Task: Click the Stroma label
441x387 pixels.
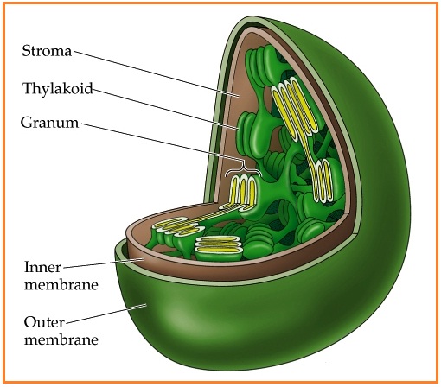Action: pyautogui.click(x=47, y=51)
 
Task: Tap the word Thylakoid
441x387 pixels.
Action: pyautogui.click(x=58, y=88)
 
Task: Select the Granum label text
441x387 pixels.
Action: pyautogui.click(x=49, y=123)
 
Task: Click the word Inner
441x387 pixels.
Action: pyautogui.click(x=42, y=267)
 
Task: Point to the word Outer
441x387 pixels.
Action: pyautogui.click(x=44, y=322)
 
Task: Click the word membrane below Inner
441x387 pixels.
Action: pyautogui.click(x=61, y=285)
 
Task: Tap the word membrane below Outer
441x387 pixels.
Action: pyautogui.click(x=61, y=339)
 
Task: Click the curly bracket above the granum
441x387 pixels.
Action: pyautogui.click(x=244, y=170)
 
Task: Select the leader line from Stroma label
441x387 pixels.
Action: pyautogui.click(x=156, y=73)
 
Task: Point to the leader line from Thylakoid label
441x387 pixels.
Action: pyautogui.click(x=165, y=109)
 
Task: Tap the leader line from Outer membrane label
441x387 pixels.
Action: pyautogui.click(x=105, y=314)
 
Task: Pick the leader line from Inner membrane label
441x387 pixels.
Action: pyautogui.click(x=103, y=263)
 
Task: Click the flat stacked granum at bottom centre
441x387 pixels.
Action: pyautogui.click(x=218, y=248)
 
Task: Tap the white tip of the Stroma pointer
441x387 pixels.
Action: pyautogui.click(x=231, y=94)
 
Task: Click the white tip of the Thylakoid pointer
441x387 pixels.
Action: pyautogui.click(x=230, y=127)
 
